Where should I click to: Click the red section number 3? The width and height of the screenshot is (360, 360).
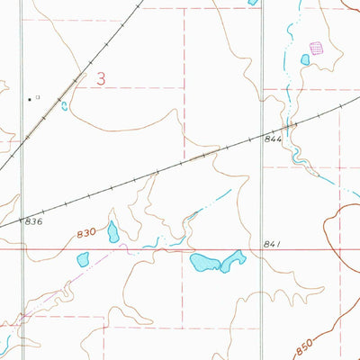click(101, 79)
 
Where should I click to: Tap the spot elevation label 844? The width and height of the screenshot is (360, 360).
click(274, 139)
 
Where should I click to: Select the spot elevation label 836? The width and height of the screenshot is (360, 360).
click(34, 220)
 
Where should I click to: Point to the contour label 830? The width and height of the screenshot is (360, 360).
click(85, 232)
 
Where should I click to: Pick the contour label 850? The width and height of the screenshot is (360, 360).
click(306, 343)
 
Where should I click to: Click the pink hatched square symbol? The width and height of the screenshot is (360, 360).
click(316, 47)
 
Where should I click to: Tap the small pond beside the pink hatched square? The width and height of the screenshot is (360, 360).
click(305, 59)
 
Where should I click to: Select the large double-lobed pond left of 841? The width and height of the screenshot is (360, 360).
click(217, 262)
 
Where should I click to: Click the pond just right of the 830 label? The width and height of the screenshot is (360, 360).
click(113, 232)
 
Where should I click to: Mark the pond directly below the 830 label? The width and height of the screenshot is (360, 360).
click(84, 259)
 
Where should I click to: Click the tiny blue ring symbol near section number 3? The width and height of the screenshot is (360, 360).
click(64, 105)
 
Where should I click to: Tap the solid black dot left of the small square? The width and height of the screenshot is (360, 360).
click(29, 97)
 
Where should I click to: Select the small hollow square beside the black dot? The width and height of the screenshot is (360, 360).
click(38, 96)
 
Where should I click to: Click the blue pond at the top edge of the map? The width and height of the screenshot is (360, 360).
click(253, 3)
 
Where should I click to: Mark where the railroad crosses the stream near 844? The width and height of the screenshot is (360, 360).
click(290, 125)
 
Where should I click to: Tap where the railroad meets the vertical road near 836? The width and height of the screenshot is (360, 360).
click(22, 219)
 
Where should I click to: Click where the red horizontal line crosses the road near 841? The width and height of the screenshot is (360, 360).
click(262, 251)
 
